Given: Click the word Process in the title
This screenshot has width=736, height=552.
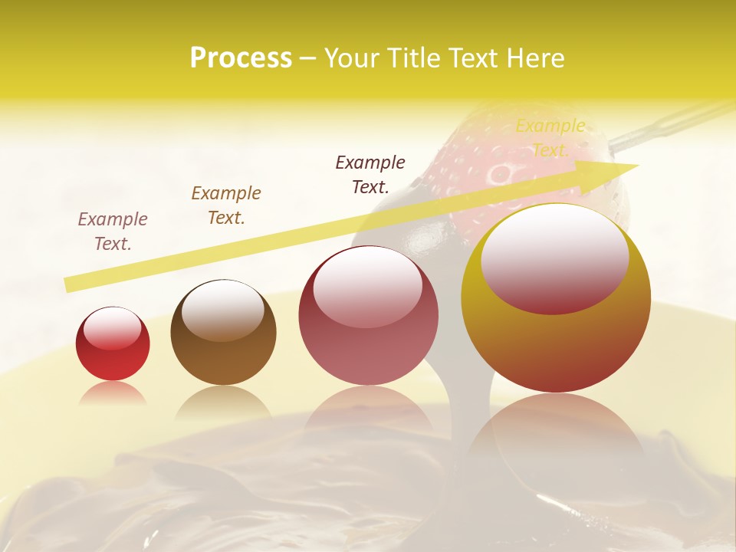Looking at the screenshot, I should [x=241, y=58].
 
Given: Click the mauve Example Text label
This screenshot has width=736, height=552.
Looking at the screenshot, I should [x=113, y=232].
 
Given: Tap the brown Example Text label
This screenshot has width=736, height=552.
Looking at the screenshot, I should [x=226, y=205].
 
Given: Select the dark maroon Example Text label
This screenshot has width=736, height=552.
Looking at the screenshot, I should [x=370, y=174].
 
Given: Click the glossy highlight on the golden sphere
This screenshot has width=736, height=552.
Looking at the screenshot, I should [x=554, y=257].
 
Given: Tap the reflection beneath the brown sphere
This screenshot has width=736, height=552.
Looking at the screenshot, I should [x=223, y=402].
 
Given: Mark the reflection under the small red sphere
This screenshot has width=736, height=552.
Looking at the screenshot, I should [x=113, y=393].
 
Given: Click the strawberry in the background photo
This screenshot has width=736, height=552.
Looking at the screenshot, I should [x=491, y=153].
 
